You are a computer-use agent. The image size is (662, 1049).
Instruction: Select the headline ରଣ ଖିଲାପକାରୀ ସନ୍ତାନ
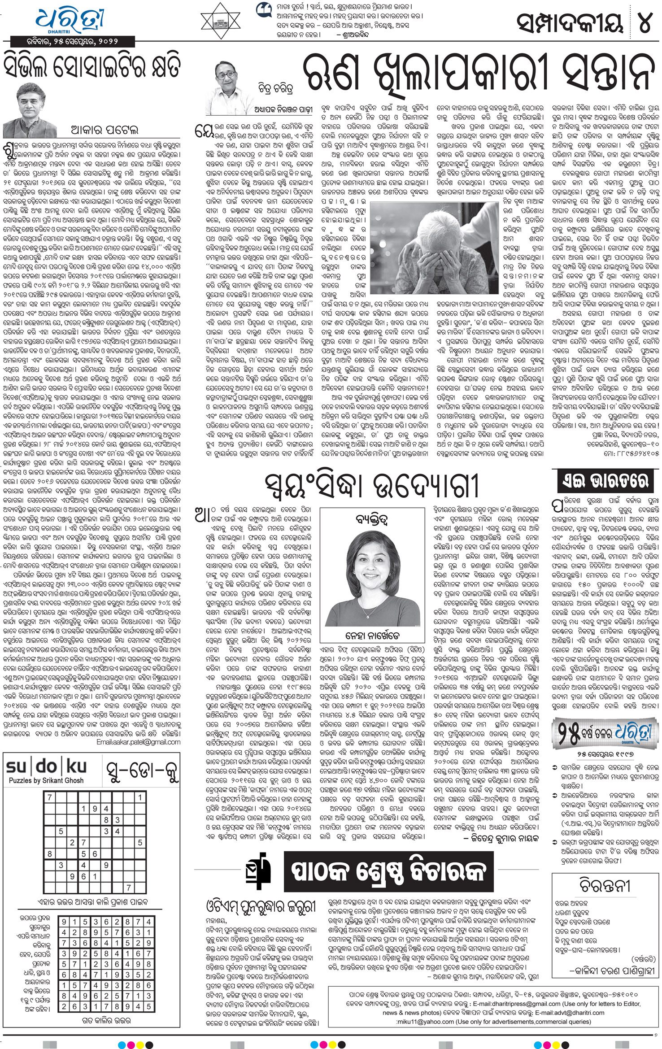coord(476,74)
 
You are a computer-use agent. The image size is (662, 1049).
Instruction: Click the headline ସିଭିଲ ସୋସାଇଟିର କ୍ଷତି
coord(92,66)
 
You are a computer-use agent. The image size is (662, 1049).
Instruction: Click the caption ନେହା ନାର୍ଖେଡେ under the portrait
coord(373,635)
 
